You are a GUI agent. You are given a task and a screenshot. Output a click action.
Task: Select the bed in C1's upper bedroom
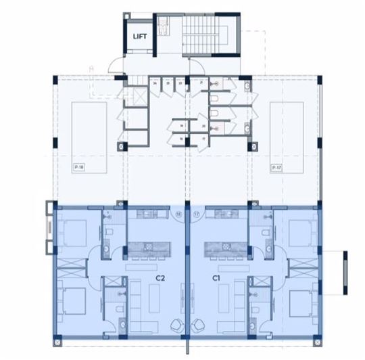point(298,232)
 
